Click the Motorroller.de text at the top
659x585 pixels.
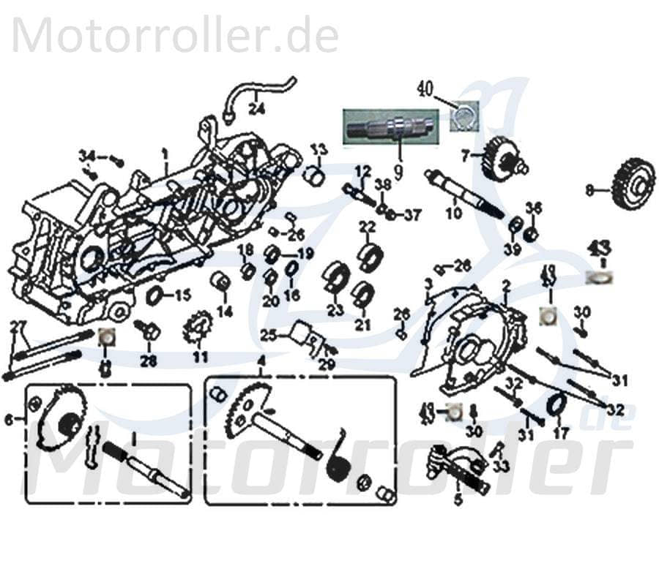175,35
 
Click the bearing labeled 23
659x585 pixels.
336,277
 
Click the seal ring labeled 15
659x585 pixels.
155,296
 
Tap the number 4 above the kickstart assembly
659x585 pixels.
261,361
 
